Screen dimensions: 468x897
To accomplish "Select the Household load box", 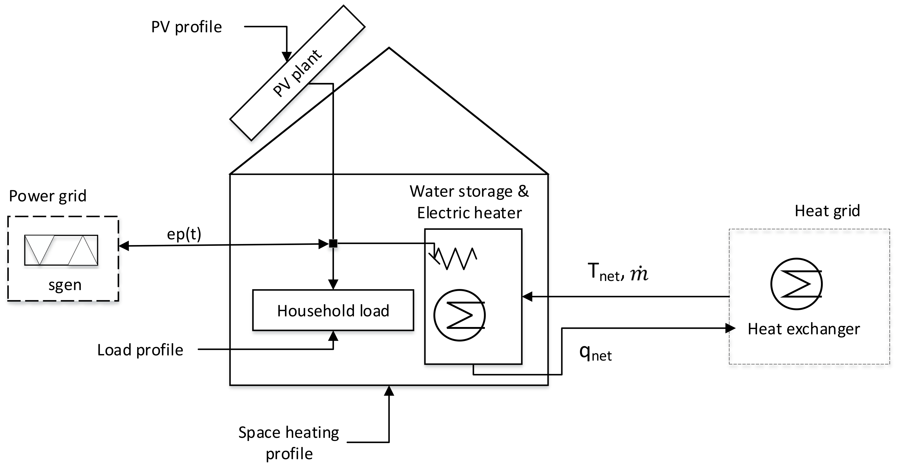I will point(333,310).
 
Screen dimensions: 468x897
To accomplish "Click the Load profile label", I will point(140,350).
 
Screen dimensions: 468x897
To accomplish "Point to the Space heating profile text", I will point(289,442).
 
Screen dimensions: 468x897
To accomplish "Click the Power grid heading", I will point(48,196).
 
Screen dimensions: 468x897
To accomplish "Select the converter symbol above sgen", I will point(61,250).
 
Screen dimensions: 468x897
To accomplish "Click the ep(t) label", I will point(184,234).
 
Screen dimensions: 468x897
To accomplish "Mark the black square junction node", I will point(333,243).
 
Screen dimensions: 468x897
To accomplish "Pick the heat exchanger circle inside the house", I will point(459,315).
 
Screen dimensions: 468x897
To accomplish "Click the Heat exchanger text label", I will point(804,329).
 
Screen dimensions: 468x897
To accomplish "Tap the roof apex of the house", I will point(389,48).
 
